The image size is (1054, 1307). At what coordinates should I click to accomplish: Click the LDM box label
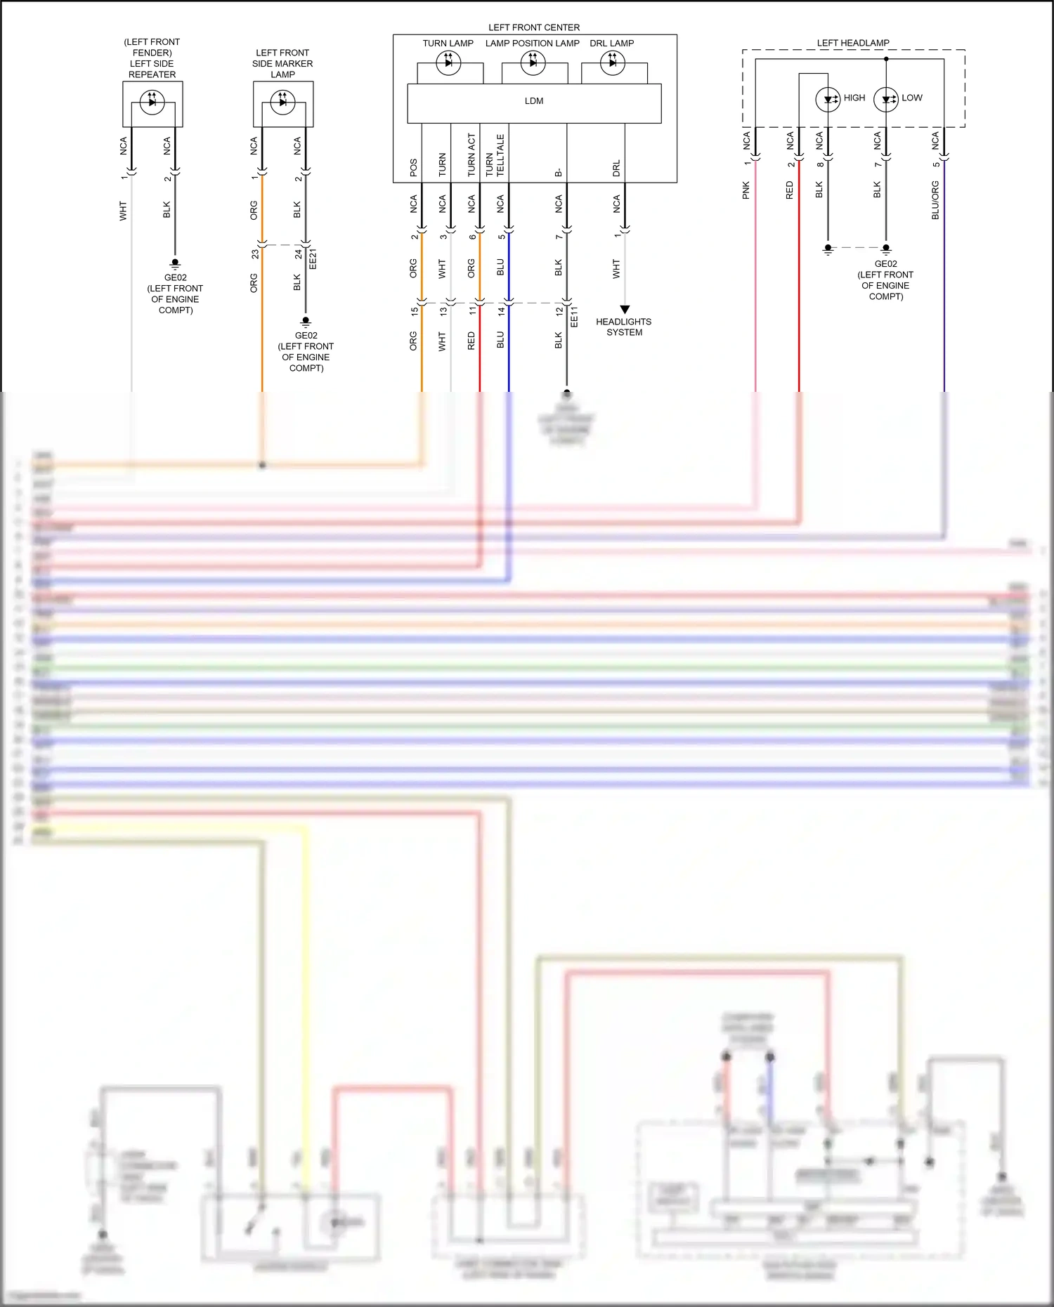(534, 101)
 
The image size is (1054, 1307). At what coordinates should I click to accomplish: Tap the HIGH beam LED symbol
(828, 99)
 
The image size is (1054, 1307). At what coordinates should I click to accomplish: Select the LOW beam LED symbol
(886, 99)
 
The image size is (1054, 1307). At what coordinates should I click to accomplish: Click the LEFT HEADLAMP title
(853, 43)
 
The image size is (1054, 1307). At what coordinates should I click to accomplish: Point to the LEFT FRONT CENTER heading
(534, 27)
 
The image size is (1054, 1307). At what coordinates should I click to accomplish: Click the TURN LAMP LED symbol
(448, 63)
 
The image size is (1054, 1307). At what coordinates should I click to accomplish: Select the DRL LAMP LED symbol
(613, 63)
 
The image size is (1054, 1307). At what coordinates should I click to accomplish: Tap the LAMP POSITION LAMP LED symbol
(533, 63)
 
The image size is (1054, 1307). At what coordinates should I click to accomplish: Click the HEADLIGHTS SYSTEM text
(624, 327)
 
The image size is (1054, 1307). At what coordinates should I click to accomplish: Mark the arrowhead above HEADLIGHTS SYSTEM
(625, 310)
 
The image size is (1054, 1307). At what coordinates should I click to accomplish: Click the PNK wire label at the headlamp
(746, 190)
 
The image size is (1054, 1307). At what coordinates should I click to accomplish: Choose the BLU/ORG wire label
(935, 200)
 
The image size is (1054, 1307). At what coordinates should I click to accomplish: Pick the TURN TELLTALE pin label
(495, 155)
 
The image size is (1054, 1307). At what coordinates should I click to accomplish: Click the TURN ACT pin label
(471, 155)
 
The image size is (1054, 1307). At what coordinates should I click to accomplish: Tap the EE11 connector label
(574, 317)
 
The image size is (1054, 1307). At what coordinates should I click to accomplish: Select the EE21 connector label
(313, 258)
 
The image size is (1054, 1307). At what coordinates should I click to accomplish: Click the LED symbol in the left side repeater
(152, 103)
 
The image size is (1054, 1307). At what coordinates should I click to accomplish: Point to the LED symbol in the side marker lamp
(283, 103)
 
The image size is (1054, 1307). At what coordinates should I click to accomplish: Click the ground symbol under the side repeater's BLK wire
(175, 264)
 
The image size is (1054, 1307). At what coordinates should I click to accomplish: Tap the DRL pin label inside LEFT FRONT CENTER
(616, 168)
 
